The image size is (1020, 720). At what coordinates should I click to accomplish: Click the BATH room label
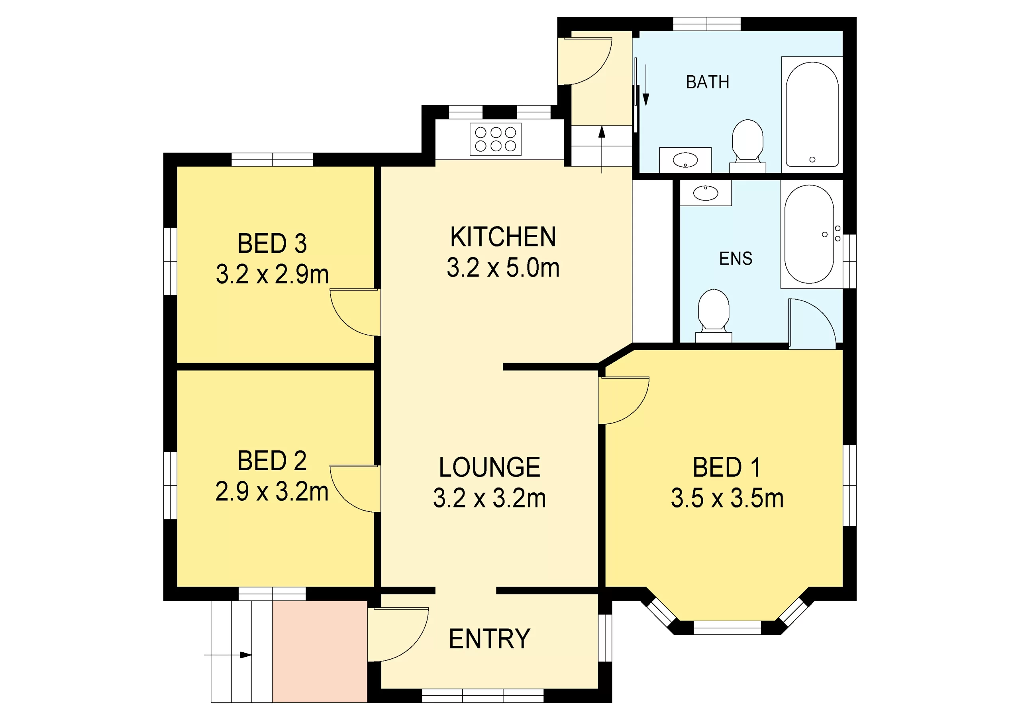(707, 82)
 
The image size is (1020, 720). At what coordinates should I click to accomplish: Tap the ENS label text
(736, 258)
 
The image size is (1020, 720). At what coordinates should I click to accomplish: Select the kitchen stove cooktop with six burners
(495, 139)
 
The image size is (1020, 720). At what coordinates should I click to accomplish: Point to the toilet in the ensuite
(714, 313)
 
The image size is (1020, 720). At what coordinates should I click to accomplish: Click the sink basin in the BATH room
(685, 160)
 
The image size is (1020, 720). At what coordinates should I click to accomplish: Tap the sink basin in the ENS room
(706, 193)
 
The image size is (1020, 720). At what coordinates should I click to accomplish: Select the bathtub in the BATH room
(812, 115)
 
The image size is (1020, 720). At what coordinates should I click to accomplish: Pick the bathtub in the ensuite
(809, 234)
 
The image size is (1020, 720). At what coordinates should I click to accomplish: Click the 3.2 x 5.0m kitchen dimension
(503, 268)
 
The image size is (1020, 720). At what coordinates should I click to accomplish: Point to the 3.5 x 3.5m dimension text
(727, 498)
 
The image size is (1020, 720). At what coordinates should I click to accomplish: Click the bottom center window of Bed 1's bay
(727, 628)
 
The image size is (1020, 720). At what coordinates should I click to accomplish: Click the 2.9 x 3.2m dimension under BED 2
(272, 492)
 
